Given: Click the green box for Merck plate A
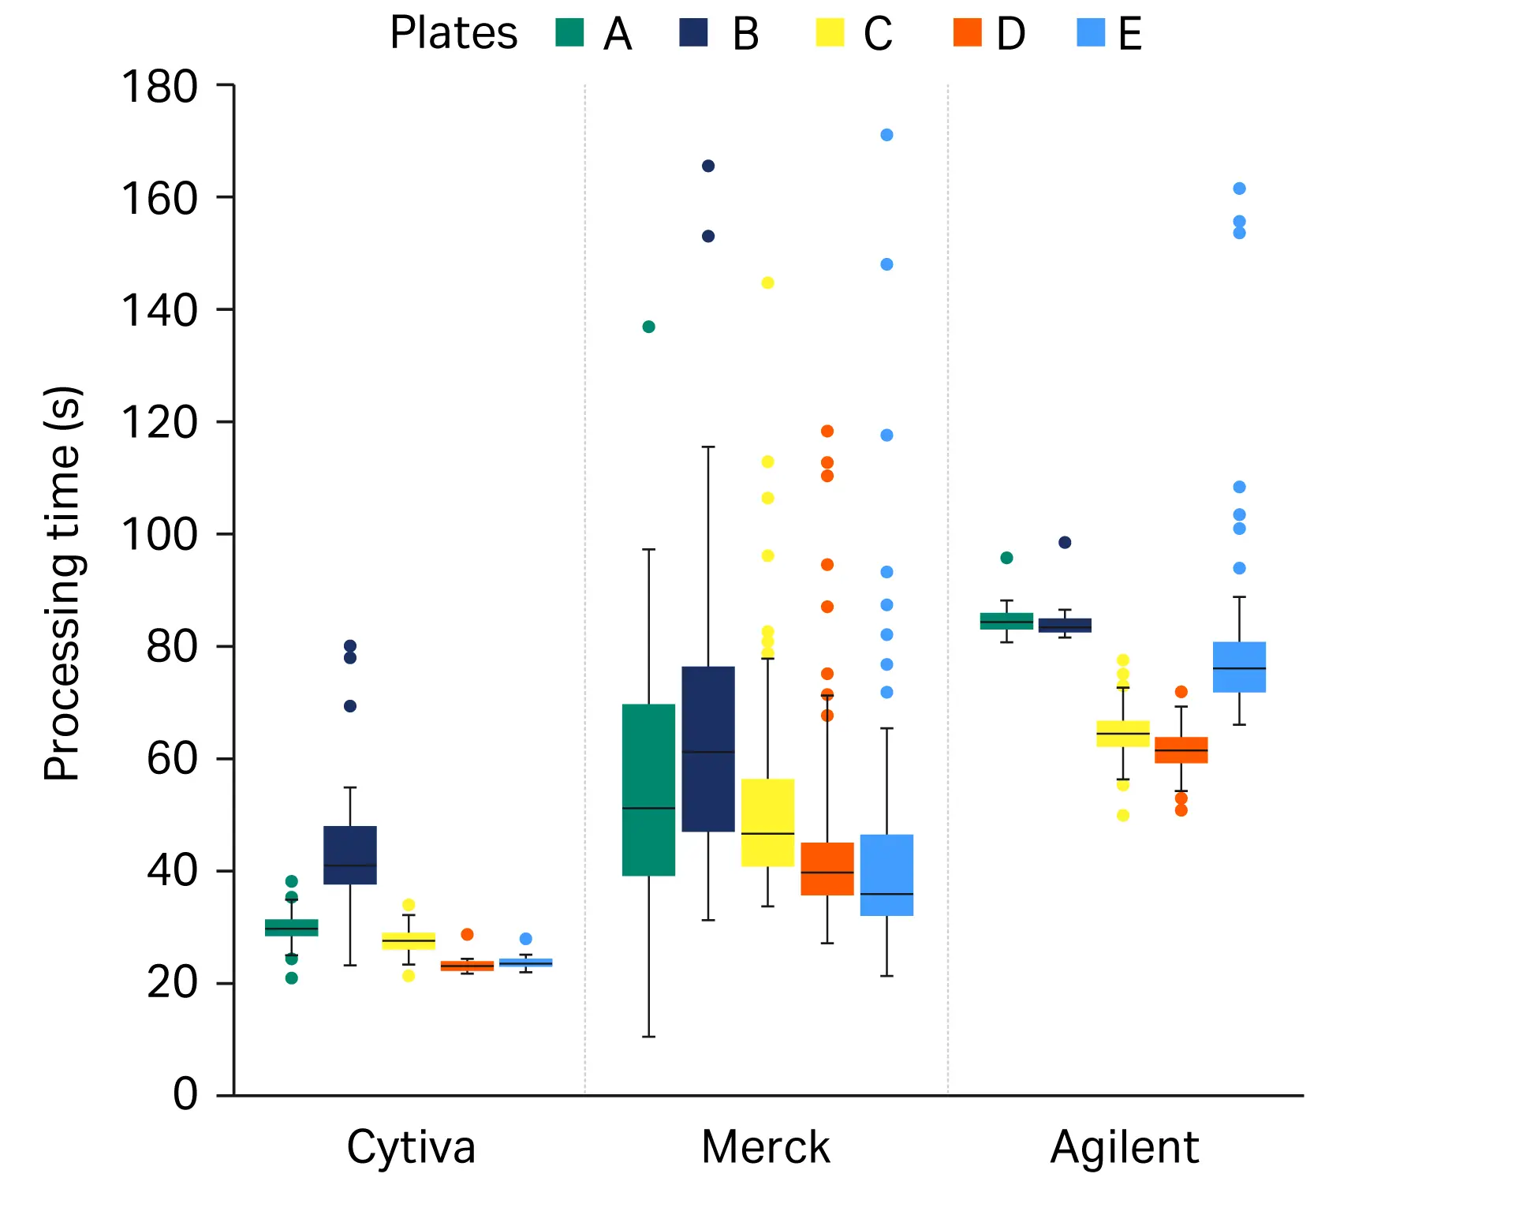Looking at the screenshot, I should [x=648, y=789].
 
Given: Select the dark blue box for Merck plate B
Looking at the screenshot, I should [x=708, y=749].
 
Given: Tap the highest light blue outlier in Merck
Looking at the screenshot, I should [x=886, y=135].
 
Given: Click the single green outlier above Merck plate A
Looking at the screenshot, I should [x=648, y=327].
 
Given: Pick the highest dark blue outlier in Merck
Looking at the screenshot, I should [x=708, y=166].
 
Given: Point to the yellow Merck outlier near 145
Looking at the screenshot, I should [x=767, y=282].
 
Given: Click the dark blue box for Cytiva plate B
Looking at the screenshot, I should [x=350, y=854].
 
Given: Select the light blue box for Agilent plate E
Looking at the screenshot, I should [x=1239, y=667].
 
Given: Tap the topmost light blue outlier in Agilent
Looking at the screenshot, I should [x=1239, y=189].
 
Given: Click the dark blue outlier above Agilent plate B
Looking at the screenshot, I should [x=1065, y=542].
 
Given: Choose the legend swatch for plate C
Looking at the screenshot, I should [x=830, y=33].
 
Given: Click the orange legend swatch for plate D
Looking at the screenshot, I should [x=967, y=33].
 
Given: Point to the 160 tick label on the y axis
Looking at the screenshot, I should [x=159, y=198].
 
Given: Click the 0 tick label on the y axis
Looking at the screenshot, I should [x=185, y=1094].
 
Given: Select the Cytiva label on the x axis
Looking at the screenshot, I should [x=411, y=1147].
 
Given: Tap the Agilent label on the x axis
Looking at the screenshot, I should [x=1124, y=1147].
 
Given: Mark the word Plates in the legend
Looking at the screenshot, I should [x=453, y=33].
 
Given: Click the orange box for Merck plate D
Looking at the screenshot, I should [x=827, y=868].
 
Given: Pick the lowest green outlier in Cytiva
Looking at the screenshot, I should [x=292, y=978].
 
